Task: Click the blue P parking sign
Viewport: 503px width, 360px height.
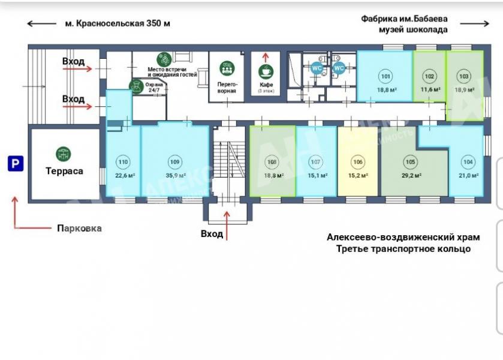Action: (x=15, y=163)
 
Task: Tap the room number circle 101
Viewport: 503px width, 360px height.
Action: (x=385, y=76)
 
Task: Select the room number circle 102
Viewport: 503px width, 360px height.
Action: (x=429, y=76)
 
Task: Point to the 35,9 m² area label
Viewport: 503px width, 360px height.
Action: (x=174, y=176)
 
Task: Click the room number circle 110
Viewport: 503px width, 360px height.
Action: (x=123, y=161)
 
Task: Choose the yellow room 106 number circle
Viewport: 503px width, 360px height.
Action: (x=358, y=161)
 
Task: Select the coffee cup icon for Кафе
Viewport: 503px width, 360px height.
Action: (x=265, y=71)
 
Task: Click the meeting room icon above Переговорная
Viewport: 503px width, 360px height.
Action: (x=227, y=68)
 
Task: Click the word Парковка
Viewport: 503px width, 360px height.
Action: (x=79, y=228)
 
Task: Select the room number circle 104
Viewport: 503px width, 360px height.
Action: (x=468, y=161)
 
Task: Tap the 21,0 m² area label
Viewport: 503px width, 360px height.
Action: (x=468, y=176)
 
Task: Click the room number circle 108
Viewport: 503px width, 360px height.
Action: (x=272, y=161)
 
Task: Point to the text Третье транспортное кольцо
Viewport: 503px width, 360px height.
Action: (x=403, y=248)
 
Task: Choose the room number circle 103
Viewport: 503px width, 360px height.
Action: (x=463, y=76)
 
